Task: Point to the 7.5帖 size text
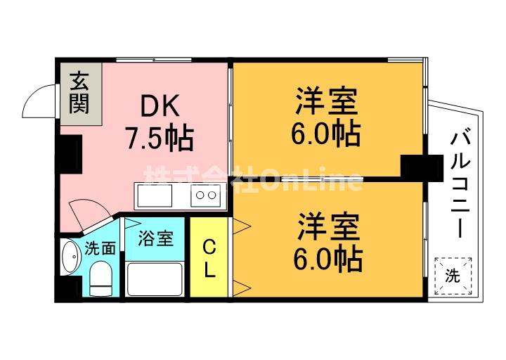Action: pos(160,139)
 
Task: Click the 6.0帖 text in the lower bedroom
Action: pos(327,261)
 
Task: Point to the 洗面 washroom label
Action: pos(100,247)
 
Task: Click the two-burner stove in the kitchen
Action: pos(206,195)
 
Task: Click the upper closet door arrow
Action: pos(241,225)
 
